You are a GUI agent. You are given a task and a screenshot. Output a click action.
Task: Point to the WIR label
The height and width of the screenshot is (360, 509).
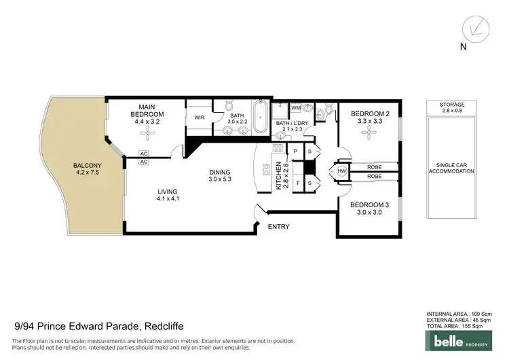coord(200,117)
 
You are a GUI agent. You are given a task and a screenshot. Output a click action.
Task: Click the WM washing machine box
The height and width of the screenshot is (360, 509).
coord(296,108)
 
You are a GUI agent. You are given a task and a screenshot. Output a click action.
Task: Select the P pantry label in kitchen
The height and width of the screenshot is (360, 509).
coord(296,150)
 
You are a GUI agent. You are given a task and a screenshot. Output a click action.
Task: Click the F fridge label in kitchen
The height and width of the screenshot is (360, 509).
coord(296,183)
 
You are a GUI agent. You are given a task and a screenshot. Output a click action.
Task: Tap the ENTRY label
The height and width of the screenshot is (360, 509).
coord(280,226)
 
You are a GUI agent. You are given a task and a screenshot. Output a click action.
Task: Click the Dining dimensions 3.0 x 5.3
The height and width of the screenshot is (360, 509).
coord(220,180)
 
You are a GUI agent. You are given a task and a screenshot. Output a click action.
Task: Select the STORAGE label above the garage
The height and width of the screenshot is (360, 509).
coord(451,105)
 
